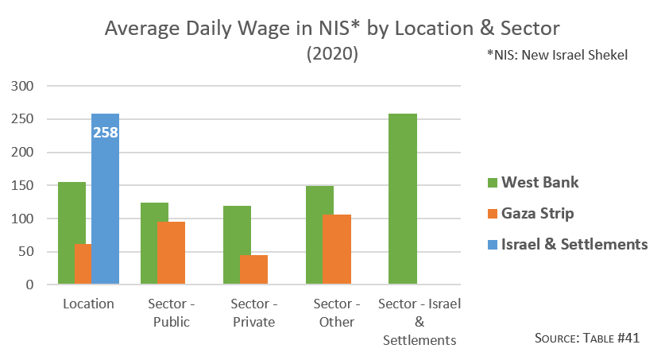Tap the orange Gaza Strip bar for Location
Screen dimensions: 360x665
coord(83,264)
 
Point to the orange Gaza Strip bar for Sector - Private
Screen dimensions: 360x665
coord(253,269)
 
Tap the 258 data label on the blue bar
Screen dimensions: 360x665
coord(106,133)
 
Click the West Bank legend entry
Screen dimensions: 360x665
coord(532,183)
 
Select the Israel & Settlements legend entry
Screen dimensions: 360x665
coord(567,244)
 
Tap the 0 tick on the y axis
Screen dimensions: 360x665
coord(30,285)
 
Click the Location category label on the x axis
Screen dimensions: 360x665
coord(88,304)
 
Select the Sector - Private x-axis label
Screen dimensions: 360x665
coord(253,313)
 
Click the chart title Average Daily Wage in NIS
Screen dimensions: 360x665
coord(332,29)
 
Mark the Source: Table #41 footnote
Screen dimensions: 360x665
coord(587,338)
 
